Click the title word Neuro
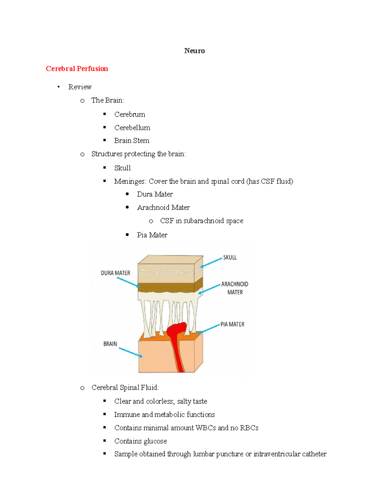click(194, 51)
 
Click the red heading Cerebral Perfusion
click(77, 68)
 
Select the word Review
click(80, 87)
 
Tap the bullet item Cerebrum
click(130, 115)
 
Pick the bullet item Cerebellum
click(132, 128)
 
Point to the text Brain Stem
click(132, 141)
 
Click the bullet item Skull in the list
click(122, 168)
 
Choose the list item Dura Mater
click(155, 194)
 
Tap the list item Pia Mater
click(152, 235)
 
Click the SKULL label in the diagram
click(230, 257)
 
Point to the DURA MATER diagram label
click(115, 273)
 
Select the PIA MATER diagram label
click(232, 324)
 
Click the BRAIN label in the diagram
click(110, 344)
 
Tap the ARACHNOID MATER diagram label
click(235, 288)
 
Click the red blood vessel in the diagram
click(177, 341)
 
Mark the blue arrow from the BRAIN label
click(130, 352)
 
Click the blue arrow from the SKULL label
click(212, 262)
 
